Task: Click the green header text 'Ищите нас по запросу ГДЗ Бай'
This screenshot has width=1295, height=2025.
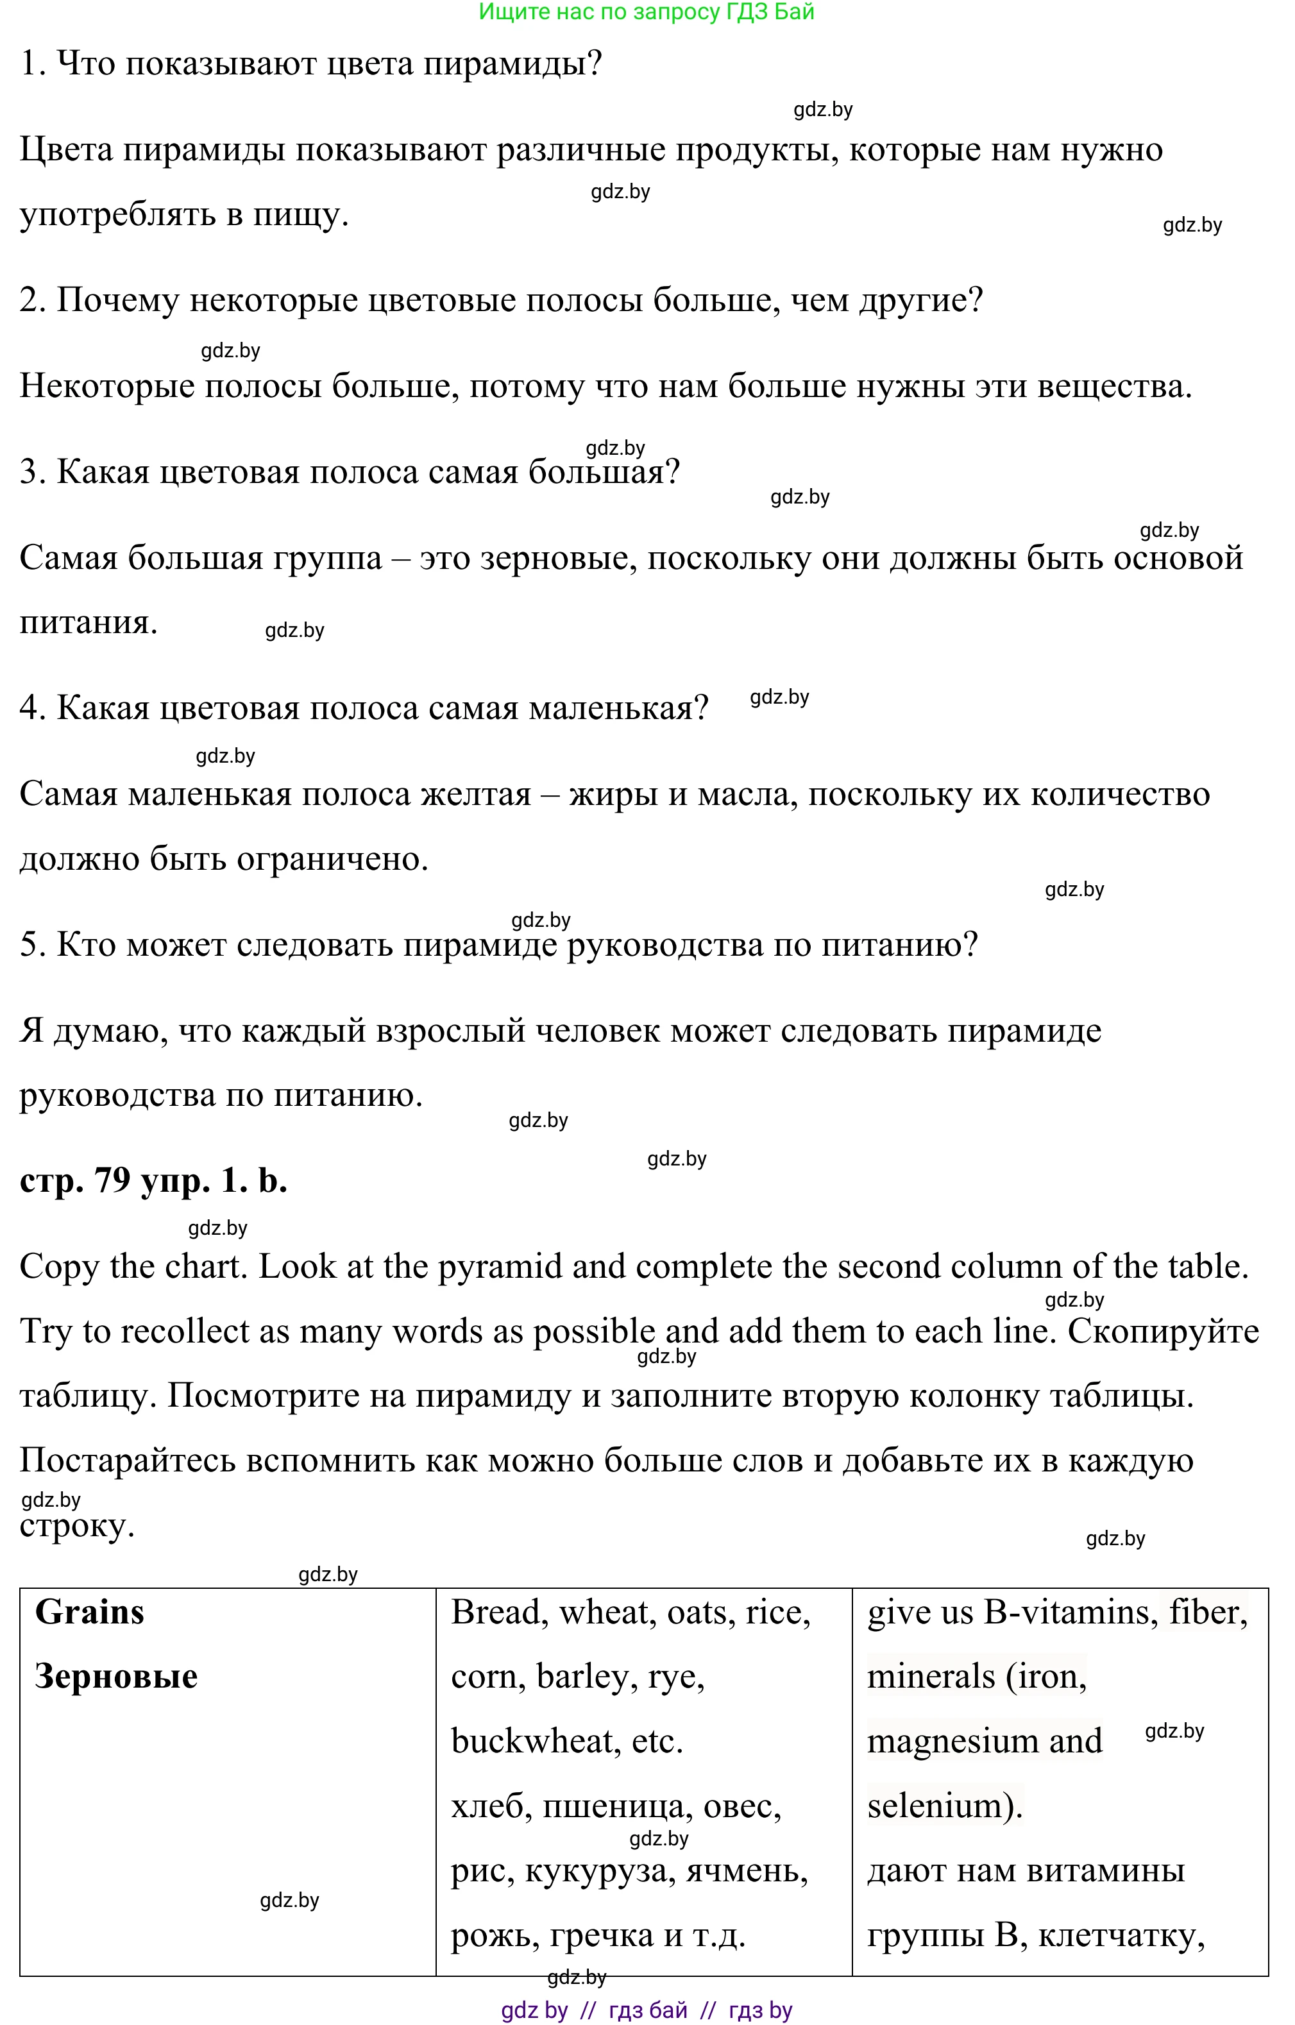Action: (x=646, y=12)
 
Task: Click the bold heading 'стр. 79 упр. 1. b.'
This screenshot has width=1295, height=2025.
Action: (x=153, y=1181)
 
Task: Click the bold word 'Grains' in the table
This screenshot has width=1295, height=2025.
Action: (x=89, y=1612)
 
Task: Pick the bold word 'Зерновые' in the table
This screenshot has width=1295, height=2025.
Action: (x=116, y=1677)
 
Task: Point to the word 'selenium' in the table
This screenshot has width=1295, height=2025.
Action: (x=933, y=1806)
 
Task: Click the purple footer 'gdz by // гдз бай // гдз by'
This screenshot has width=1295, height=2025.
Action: (x=646, y=2011)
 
